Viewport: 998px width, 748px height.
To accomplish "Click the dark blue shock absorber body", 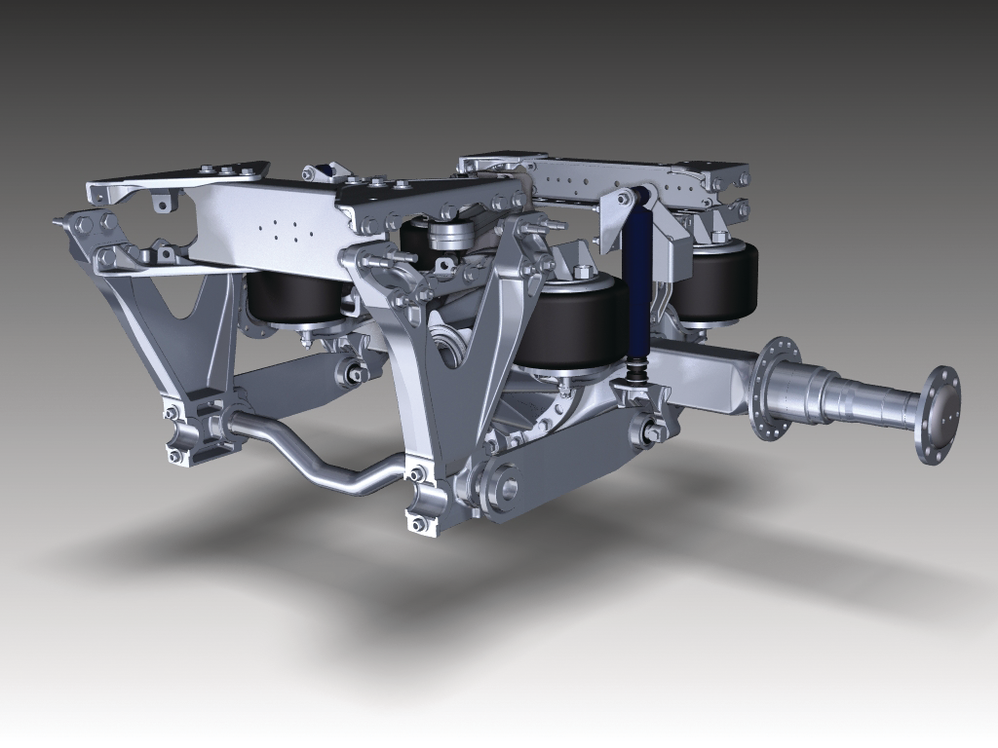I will pos(637,282).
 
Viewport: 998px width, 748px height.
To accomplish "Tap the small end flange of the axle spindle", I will pos(938,414).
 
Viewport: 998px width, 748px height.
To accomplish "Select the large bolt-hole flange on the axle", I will pos(776,388).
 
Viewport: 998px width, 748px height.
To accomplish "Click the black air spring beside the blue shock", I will pos(567,323).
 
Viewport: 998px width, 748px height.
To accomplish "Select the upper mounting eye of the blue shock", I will pos(625,198).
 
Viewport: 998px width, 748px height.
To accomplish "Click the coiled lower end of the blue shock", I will pos(637,370).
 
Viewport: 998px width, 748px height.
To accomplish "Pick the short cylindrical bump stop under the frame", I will pos(449,236).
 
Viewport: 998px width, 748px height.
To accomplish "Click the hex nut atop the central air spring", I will pos(582,272).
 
